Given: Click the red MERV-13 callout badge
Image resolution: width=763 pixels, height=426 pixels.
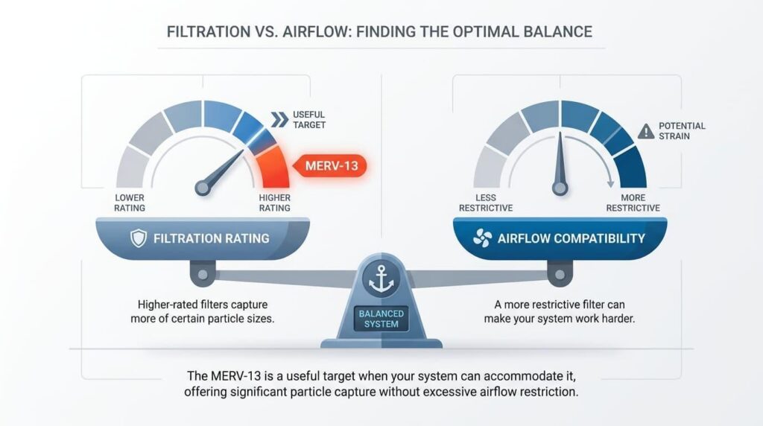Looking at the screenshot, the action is point(330,166).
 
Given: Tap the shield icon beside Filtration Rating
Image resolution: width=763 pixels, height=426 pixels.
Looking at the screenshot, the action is point(139,238).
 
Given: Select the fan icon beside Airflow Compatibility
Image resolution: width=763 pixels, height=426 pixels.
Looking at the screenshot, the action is point(482,238).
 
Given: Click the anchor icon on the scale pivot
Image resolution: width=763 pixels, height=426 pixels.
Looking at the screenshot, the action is point(381,279).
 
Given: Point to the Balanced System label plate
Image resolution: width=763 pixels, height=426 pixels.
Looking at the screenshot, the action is point(381,319).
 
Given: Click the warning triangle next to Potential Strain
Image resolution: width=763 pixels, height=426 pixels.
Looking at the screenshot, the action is point(646,131).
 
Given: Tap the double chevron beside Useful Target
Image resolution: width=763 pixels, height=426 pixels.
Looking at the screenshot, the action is point(279,120).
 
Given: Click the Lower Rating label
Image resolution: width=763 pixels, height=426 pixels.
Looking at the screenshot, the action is point(130,203).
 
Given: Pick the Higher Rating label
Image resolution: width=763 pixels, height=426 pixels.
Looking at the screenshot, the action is point(274,203).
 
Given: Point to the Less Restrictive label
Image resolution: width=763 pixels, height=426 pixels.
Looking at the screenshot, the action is point(486,203).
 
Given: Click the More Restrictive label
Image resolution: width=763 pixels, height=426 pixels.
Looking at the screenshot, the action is point(633,203).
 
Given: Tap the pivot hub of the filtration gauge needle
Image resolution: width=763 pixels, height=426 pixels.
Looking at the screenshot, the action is point(203,188).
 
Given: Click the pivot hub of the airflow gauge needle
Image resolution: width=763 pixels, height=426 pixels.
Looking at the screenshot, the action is point(560,188).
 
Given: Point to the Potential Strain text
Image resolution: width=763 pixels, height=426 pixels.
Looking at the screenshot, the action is point(682,131).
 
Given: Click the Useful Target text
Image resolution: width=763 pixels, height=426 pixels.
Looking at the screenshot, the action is point(309,120).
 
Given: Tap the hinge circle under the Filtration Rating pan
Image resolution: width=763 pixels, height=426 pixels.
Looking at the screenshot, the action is point(203,275).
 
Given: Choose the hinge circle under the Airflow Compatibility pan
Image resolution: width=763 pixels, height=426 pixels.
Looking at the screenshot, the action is point(560,275).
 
